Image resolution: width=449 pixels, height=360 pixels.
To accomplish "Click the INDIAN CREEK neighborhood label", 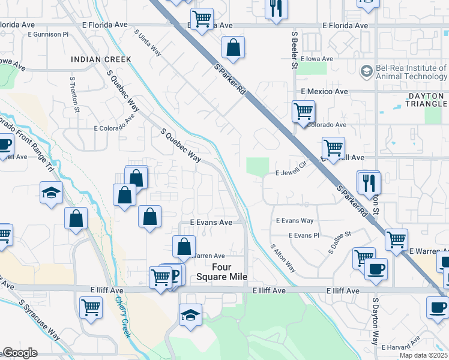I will coord(101,59).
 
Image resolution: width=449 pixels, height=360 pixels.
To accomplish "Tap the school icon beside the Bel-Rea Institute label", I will coord(366,72).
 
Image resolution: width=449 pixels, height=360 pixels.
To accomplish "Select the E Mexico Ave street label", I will coord(324,92).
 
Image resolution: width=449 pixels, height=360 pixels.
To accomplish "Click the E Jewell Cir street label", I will coord(291,172).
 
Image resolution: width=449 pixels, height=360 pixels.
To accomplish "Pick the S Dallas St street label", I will coord(340,241).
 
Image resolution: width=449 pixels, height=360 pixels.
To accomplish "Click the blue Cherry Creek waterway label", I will coord(122,317).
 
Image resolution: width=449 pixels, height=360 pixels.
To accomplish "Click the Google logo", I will coord(20,353).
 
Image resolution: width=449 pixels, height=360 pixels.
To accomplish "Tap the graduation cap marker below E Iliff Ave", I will coord(190,315).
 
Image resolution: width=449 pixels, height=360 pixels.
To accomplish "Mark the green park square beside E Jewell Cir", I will coord(257,167).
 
